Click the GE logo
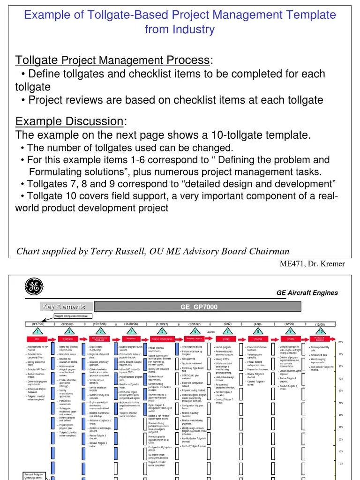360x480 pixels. (33, 287)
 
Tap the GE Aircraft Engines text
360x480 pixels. (307, 293)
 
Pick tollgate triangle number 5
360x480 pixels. (162, 331)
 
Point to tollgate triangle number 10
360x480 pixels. (321, 331)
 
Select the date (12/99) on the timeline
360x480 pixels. (289, 324)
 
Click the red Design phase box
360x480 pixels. (226, 338)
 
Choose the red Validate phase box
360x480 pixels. (289, 338)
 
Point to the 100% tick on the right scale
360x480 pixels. (341, 342)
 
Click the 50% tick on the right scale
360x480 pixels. (341, 403)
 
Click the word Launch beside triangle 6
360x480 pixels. (210, 332)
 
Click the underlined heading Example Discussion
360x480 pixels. (70, 121)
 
